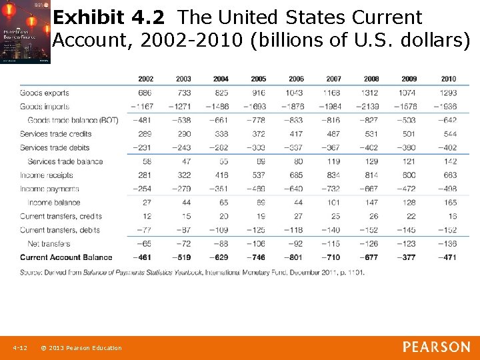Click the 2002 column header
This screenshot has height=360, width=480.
pyautogui.click(x=145, y=79)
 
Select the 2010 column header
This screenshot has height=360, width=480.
pyautogui.click(x=448, y=79)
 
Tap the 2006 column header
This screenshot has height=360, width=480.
pyautogui.click(x=296, y=79)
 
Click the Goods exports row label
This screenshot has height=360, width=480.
pyautogui.click(x=44, y=93)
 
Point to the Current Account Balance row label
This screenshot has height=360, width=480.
pyautogui.click(x=66, y=257)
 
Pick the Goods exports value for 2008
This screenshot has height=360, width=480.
pyautogui.click(x=371, y=93)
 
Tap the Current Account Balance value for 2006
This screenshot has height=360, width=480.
pyautogui.click(x=295, y=257)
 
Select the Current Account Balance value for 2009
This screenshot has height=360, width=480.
pyautogui.click(x=409, y=257)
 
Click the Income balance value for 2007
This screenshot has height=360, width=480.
pyautogui.click(x=334, y=203)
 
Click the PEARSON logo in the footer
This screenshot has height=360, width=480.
pyautogui.click(x=436, y=347)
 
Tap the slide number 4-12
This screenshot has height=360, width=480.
pyautogui.click(x=19, y=348)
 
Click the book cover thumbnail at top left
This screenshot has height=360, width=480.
pyautogui.click(x=25, y=32)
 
